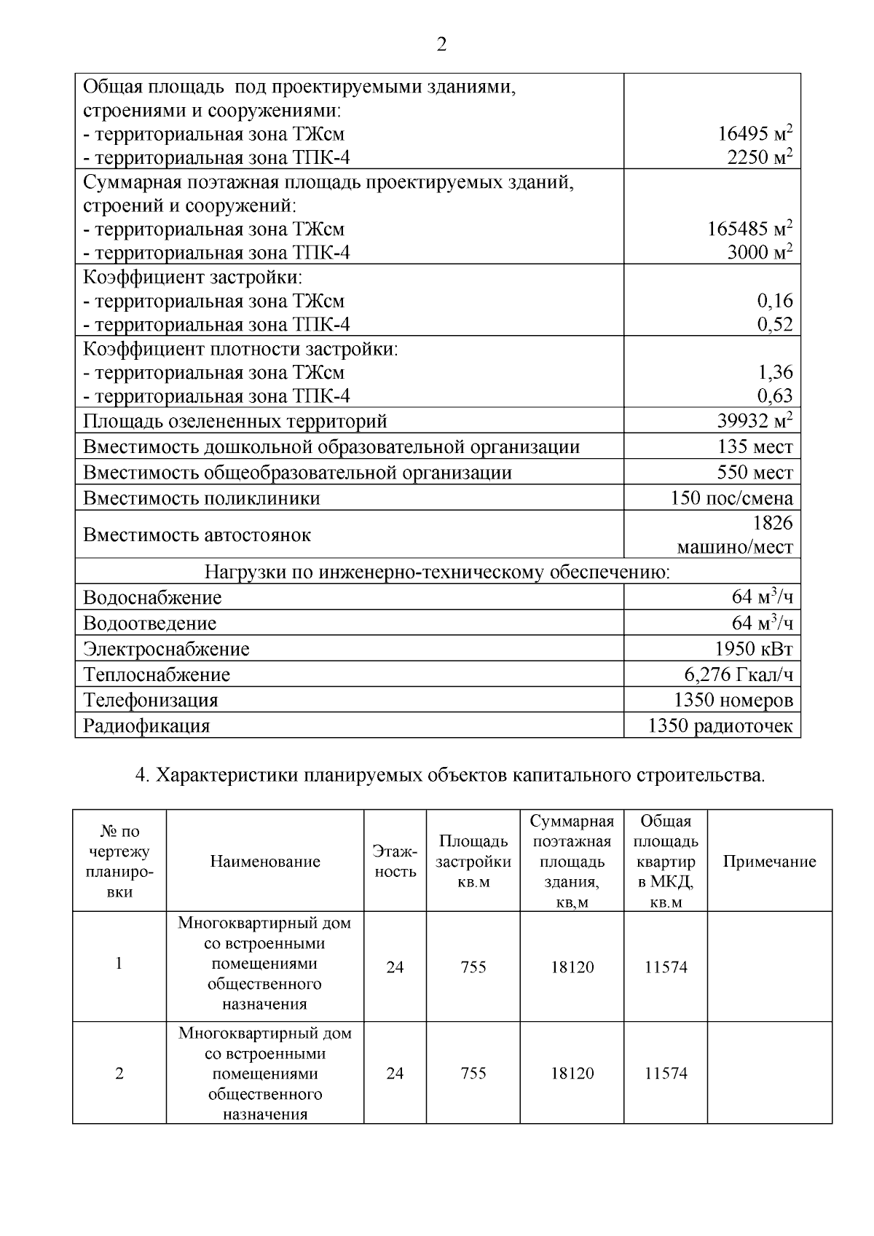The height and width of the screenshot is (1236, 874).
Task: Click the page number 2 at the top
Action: (441, 45)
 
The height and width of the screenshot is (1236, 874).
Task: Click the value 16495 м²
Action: (755, 134)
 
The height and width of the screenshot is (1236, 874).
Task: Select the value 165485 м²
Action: (749, 229)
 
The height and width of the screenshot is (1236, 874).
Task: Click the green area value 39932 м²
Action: (755, 421)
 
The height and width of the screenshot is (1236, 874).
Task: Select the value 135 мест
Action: (755, 446)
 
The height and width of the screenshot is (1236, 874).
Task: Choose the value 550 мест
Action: (755, 472)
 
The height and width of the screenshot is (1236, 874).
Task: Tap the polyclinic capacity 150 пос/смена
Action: (731, 498)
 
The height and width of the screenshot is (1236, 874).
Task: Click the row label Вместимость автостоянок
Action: (197, 535)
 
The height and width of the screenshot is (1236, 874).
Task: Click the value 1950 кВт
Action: (754, 649)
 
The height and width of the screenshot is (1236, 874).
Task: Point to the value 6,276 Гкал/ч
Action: (738, 674)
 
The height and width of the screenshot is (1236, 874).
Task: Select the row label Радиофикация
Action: (146, 726)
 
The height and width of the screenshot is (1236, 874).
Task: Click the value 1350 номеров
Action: (733, 700)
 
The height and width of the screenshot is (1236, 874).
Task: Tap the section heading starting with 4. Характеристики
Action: (451, 775)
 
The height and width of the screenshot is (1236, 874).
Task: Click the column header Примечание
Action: (769, 862)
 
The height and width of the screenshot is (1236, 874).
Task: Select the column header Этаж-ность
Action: (395, 861)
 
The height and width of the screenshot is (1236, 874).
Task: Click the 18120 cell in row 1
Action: (572, 967)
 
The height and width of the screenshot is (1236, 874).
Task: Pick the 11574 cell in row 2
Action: (666, 1074)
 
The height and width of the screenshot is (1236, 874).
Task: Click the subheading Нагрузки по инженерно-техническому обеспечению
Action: (437, 572)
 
